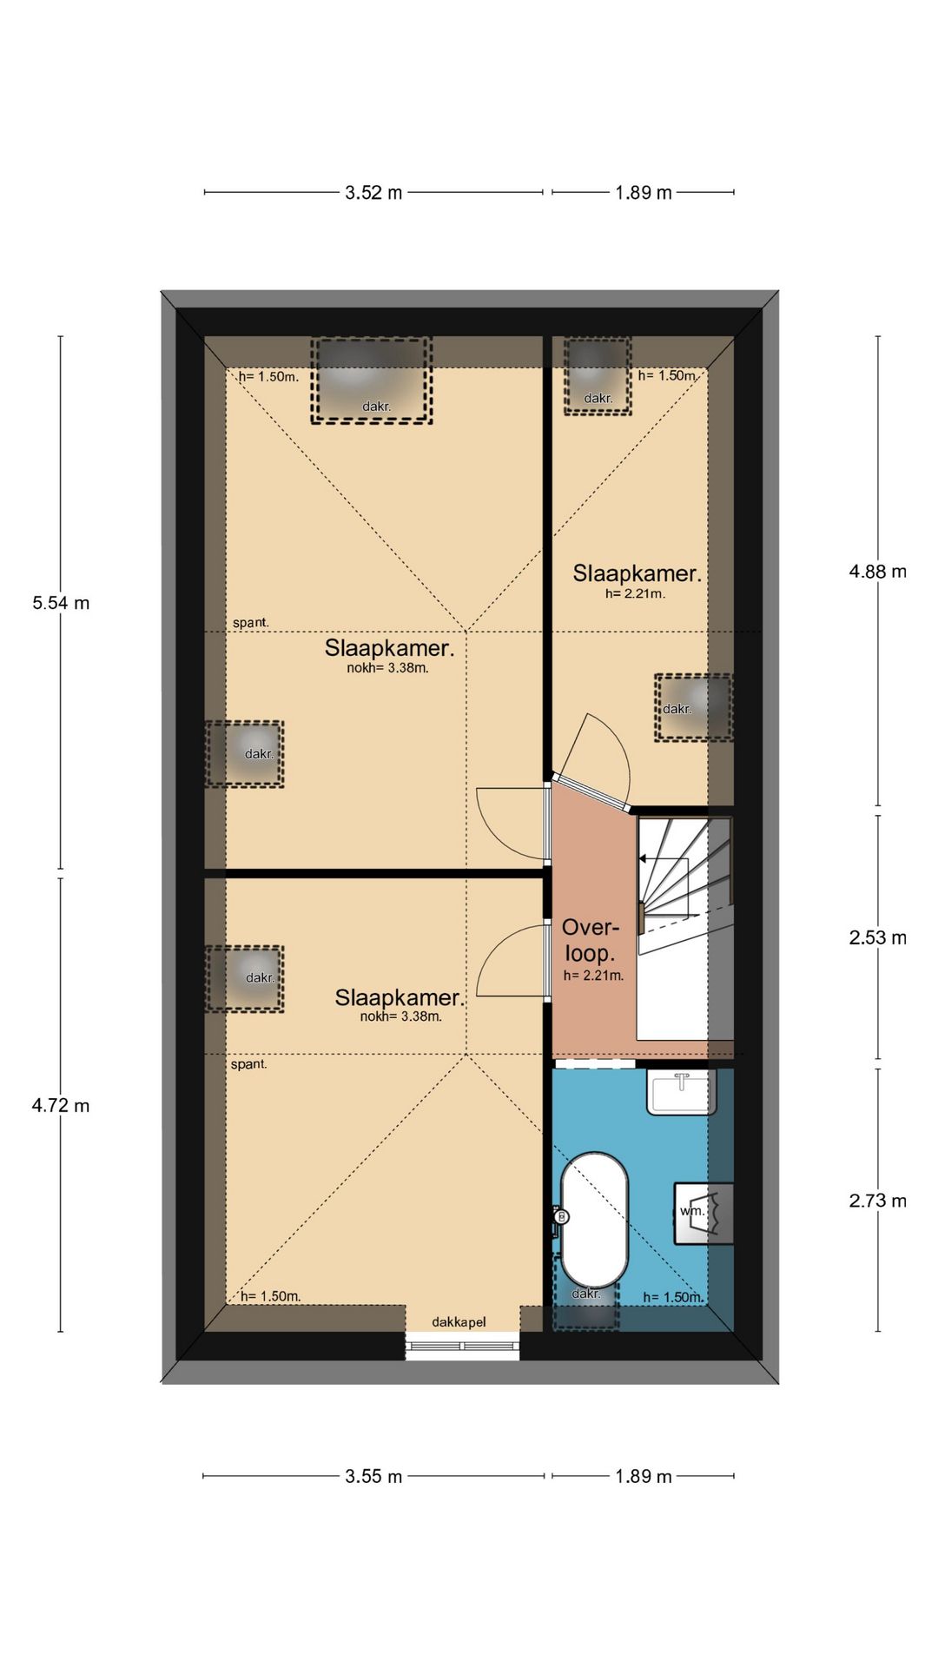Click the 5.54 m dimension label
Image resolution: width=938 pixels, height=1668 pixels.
(61, 603)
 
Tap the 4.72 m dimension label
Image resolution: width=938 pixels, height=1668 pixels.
(61, 1106)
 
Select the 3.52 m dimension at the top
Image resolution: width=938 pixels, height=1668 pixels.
(373, 193)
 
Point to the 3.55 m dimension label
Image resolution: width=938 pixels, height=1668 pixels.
(373, 1476)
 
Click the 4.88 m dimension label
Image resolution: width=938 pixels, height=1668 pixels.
(878, 572)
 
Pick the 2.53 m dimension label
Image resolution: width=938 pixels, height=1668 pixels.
(878, 938)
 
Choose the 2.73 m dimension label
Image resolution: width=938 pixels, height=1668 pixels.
(878, 1201)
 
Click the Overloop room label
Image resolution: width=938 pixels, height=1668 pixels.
(591, 940)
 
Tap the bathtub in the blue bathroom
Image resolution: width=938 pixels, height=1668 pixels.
(594, 1220)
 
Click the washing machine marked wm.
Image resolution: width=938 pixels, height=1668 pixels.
(704, 1213)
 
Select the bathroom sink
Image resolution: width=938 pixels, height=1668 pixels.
(682, 1093)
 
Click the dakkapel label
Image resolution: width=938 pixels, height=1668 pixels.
(459, 1322)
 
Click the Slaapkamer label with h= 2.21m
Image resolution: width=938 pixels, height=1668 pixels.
(637, 573)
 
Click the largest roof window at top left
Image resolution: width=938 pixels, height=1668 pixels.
(372, 381)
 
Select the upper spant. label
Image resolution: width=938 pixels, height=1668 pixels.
(251, 623)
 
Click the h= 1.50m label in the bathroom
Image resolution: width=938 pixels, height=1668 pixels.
(673, 1297)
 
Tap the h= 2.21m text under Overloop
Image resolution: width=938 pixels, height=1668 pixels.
(593, 976)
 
